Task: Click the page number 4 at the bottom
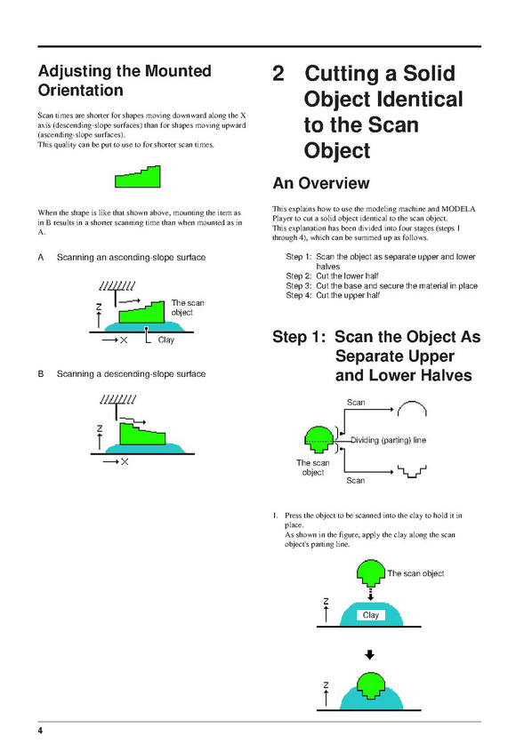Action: [x=40, y=731]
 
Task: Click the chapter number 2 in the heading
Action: [x=278, y=74]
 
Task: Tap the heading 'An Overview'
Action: [x=321, y=183]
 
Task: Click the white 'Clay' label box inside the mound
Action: [x=371, y=615]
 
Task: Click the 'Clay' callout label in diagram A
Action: [x=166, y=340]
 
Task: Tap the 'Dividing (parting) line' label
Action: [x=388, y=440]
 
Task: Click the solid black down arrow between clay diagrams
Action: [x=369, y=654]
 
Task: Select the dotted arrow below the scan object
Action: [x=370, y=594]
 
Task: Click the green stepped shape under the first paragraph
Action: [x=138, y=177]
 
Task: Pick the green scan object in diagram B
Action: [x=142, y=434]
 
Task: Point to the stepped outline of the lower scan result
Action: [x=412, y=473]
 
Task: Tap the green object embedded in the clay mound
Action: [x=371, y=684]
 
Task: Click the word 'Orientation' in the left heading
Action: [x=81, y=90]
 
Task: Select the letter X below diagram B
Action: [x=125, y=462]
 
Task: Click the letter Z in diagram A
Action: [x=99, y=306]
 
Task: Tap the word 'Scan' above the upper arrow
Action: [x=356, y=403]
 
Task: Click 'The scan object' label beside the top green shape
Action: [x=415, y=573]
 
